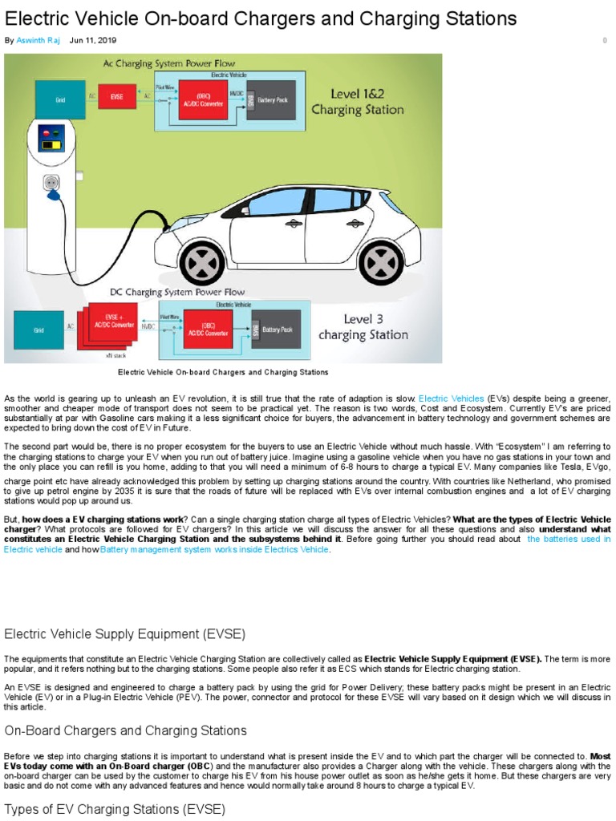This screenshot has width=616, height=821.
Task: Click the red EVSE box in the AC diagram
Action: coord(117,97)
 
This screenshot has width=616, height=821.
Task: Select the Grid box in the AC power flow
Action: coord(60,99)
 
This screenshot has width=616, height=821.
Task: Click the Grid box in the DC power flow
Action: coord(38,328)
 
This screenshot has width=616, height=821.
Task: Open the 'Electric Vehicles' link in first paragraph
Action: coord(452,398)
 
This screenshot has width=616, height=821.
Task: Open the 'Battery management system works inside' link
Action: coord(215,550)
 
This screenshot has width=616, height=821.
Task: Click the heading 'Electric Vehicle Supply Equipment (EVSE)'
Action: coord(124,634)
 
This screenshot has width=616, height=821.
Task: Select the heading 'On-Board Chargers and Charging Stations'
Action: coord(125,730)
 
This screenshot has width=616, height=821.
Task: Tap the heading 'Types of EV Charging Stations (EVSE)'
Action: coord(115,810)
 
